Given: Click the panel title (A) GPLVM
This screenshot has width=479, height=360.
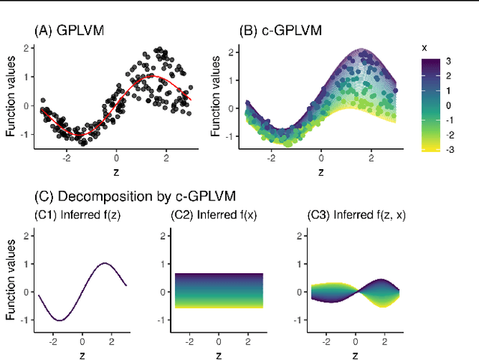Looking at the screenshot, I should click(69, 31).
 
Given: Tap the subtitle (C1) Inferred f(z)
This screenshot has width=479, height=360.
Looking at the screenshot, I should click(79, 216).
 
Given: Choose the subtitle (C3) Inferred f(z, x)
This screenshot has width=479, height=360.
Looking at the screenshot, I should click(357, 216).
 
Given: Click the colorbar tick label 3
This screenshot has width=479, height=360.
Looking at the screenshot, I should click(448, 61).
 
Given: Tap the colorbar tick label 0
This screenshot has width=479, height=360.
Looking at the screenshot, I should click(448, 105).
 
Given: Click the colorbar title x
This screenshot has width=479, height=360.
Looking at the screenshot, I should click(424, 47).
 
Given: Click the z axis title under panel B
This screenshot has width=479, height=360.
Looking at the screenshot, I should click(320, 172).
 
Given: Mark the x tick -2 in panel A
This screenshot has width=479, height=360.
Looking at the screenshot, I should click(66, 158).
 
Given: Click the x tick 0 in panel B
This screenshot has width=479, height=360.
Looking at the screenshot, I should click(320, 158).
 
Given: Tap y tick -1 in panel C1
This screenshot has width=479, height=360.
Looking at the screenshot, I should click(25, 320).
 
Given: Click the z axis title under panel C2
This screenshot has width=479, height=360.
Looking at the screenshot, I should click(219, 354).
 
